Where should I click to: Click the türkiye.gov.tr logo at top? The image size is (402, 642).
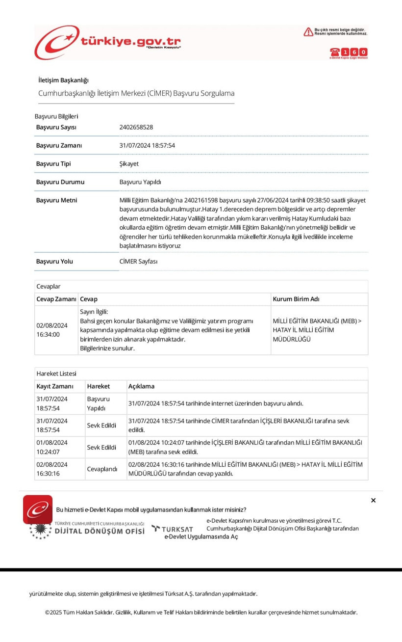pos(108,42)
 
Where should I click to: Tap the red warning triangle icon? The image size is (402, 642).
pos(308,32)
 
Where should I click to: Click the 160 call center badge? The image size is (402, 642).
pos(349,52)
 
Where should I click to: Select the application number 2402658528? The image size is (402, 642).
pos(136,127)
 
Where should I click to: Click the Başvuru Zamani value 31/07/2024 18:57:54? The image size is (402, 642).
pos(147,145)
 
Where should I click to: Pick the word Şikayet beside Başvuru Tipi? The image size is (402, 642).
pos(129,163)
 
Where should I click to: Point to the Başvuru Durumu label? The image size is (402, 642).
pos(60,182)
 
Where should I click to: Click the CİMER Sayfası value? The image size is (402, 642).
pos(139,261)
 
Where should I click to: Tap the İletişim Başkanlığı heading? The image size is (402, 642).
pos(63,80)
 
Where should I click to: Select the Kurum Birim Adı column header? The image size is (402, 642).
pos(296,299)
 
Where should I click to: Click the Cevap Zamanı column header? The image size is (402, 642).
pos(56,299)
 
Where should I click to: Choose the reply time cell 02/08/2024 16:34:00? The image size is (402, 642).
pos(52,330)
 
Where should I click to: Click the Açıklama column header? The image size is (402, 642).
pos(141,386)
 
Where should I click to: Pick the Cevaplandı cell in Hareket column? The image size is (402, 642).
pos(102,469)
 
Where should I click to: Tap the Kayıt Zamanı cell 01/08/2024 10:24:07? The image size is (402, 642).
pos(52,447)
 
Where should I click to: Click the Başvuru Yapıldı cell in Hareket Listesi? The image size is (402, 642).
pos(99,403)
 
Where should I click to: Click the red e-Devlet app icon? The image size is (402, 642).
pos(38,509)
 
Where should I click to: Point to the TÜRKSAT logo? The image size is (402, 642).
pos(172,529)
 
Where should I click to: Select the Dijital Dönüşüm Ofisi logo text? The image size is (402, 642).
pos(100,531)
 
